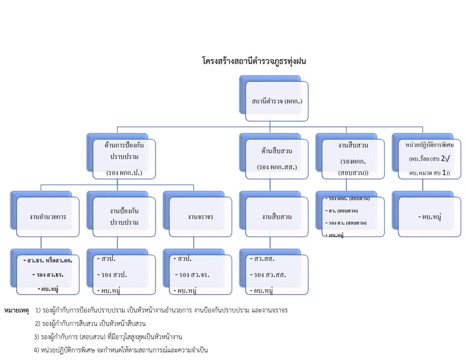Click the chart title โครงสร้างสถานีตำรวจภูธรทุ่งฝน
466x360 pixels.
click(x=254, y=61)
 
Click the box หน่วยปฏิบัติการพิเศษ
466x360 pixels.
click(x=429, y=158)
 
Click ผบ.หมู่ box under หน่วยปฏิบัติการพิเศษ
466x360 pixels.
click(x=429, y=217)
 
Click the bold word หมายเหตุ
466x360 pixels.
click(x=16, y=310)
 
